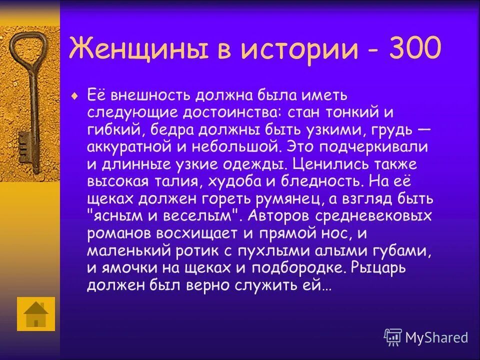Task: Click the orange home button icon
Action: click(x=36, y=314)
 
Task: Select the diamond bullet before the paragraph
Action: click(x=75, y=95)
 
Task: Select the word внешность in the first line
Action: click(x=149, y=95)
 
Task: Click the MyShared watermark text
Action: click(x=436, y=337)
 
